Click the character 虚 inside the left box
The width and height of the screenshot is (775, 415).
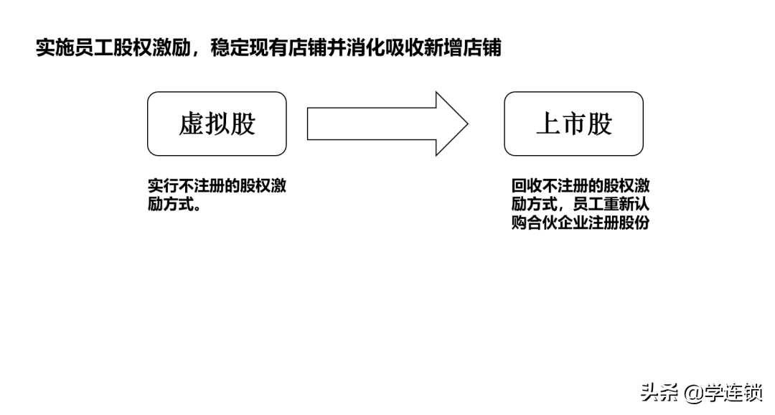tap(192, 123)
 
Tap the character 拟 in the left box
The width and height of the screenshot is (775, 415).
tap(217, 123)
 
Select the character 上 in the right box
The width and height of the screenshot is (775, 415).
tap(548, 123)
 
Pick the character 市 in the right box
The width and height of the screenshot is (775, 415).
tap(574, 123)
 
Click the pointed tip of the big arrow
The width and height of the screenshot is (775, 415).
tap(468, 123)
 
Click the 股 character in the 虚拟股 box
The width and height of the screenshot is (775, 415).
tap(243, 123)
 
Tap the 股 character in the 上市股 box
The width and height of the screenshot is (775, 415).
tap(599, 123)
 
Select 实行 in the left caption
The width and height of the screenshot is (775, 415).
tap(163, 186)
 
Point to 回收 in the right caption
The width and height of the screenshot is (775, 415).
tap(527, 186)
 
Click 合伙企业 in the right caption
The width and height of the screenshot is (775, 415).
tap(558, 223)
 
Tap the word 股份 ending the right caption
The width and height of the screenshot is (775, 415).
tap(634, 223)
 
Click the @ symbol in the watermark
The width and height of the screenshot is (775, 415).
tap(694, 393)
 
